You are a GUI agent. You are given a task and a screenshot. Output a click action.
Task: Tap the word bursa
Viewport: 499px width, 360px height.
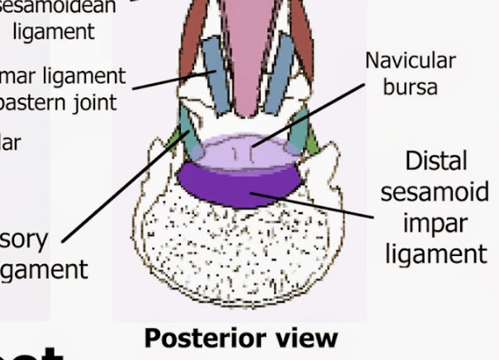tap(410, 88)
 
